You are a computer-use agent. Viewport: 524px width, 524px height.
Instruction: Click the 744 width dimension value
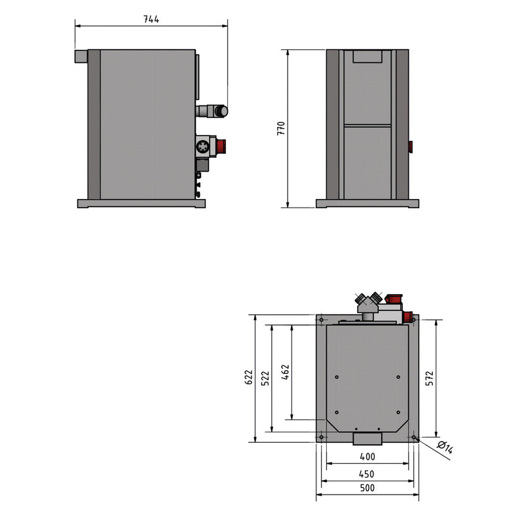coord(151,19)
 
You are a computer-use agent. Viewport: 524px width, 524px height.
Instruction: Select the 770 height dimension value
coord(281,128)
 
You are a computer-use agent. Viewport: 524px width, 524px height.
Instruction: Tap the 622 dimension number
coord(248,379)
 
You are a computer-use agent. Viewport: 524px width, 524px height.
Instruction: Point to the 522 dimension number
coord(265,379)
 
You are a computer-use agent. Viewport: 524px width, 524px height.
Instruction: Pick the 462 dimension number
coord(285,372)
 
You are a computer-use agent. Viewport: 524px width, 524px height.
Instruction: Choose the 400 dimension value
coord(367,456)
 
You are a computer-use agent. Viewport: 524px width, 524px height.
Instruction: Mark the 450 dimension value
coord(367,474)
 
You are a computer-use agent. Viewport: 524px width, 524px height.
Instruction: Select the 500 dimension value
coord(367,488)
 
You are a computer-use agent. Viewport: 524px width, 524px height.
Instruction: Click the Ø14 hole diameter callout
coord(445,449)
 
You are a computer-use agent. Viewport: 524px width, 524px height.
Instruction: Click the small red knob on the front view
coord(411,146)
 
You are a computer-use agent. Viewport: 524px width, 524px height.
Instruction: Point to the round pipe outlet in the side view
coord(221,111)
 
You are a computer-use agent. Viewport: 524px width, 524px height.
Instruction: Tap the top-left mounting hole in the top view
coord(322,320)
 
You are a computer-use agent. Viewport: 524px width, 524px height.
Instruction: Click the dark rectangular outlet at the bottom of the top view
coord(367,438)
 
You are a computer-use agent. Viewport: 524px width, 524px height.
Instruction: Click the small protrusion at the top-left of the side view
coord(81,58)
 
